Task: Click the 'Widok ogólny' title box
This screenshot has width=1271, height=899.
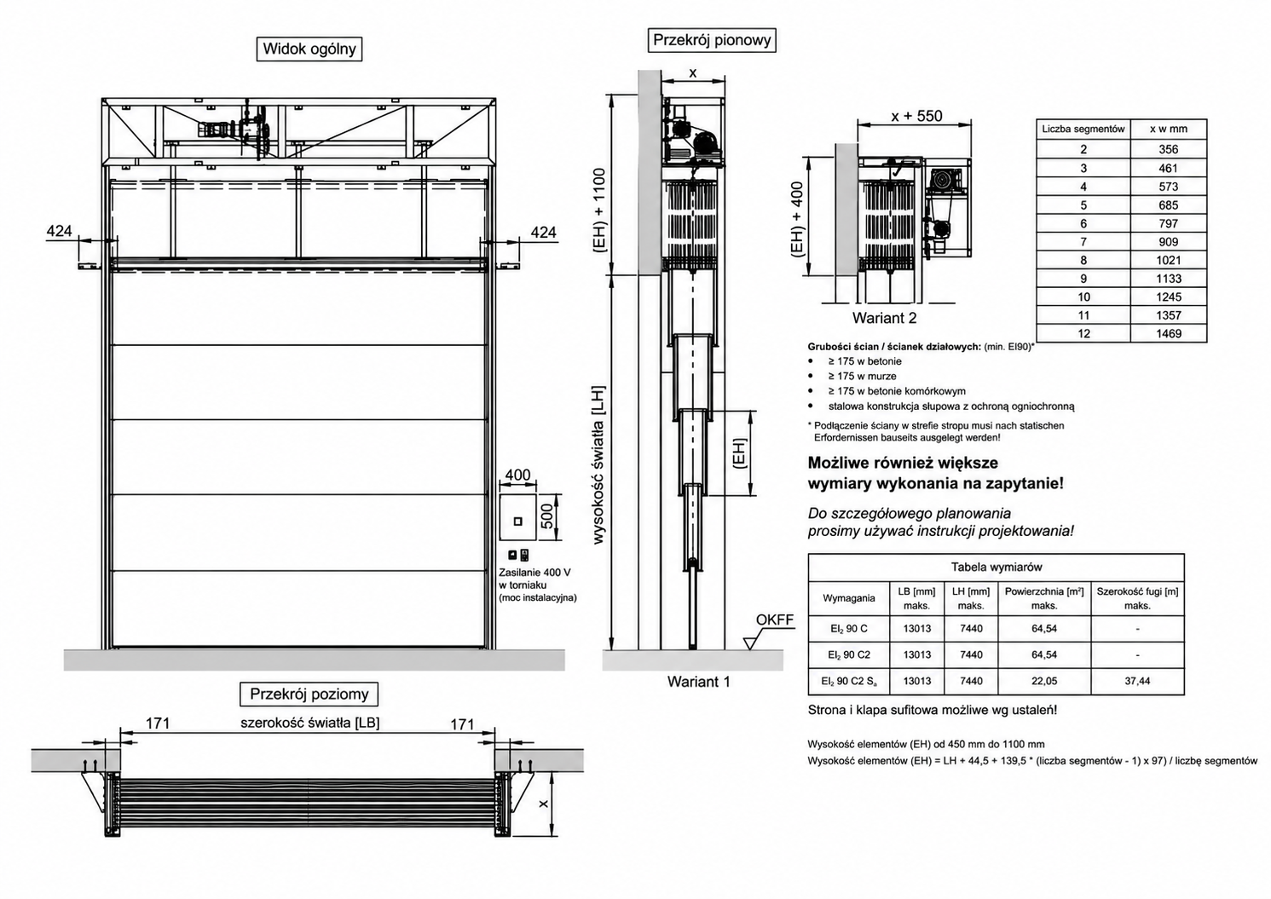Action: [309, 49]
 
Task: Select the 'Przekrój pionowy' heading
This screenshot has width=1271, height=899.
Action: [712, 40]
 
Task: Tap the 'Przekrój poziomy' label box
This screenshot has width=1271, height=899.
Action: [309, 694]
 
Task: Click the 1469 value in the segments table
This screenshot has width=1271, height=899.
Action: [1169, 333]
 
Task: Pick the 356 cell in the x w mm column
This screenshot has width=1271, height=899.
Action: [1169, 149]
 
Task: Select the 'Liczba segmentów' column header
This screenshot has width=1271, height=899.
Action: [1083, 129]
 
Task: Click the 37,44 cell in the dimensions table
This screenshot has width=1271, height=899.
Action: [1137, 681]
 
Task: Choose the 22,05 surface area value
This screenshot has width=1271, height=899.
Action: [1044, 681]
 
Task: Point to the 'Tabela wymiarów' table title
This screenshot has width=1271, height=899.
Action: [997, 567]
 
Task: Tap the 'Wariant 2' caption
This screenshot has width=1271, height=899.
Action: [884, 318]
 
